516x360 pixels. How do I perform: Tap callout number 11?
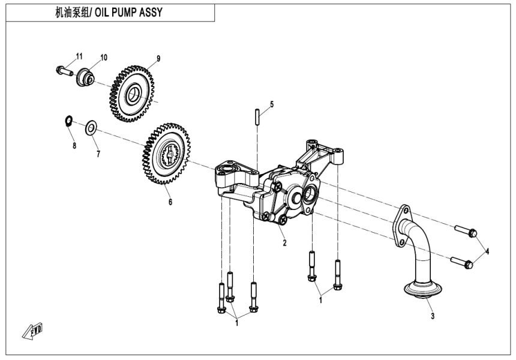79,56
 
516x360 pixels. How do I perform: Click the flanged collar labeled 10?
85,77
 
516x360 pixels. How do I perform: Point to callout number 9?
158,58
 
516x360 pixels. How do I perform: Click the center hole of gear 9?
133,93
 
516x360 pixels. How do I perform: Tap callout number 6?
170,202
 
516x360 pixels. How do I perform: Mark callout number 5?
271,104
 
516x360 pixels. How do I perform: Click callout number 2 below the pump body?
284,243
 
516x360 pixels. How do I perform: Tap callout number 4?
487,251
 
